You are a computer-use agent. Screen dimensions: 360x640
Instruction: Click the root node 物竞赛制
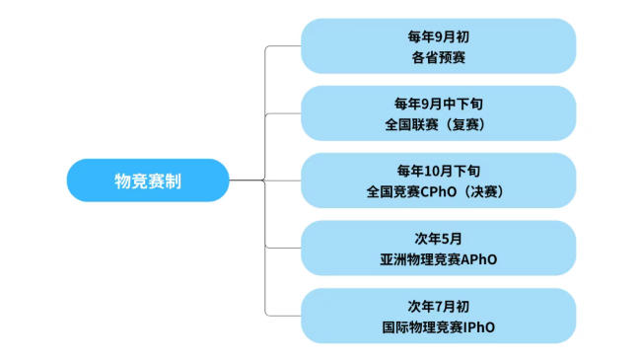click(x=148, y=180)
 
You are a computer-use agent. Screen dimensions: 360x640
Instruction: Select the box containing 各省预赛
click(x=438, y=45)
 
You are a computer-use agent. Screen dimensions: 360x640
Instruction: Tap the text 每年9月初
click(x=439, y=36)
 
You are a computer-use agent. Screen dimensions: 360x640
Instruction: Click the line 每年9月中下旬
click(x=439, y=103)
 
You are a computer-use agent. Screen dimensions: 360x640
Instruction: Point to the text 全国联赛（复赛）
click(x=439, y=124)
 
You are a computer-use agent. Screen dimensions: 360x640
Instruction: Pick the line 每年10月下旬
click(x=439, y=170)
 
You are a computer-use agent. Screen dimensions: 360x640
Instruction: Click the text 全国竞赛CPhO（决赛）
click(x=439, y=191)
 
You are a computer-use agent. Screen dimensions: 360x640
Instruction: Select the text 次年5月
click(x=439, y=238)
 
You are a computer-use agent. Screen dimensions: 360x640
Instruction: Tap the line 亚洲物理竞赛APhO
click(x=439, y=258)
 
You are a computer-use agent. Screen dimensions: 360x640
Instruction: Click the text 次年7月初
click(x=439, y=305)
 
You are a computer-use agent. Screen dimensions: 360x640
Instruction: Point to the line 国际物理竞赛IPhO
click(x=439, y=326)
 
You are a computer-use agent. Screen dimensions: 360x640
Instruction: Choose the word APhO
click(x=479, y=258)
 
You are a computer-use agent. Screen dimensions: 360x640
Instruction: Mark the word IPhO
click(x=480, y=326)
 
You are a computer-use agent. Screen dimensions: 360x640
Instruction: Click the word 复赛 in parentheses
click(x=469, y=124)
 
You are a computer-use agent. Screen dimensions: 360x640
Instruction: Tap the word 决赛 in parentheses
click(x=490, y=191)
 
